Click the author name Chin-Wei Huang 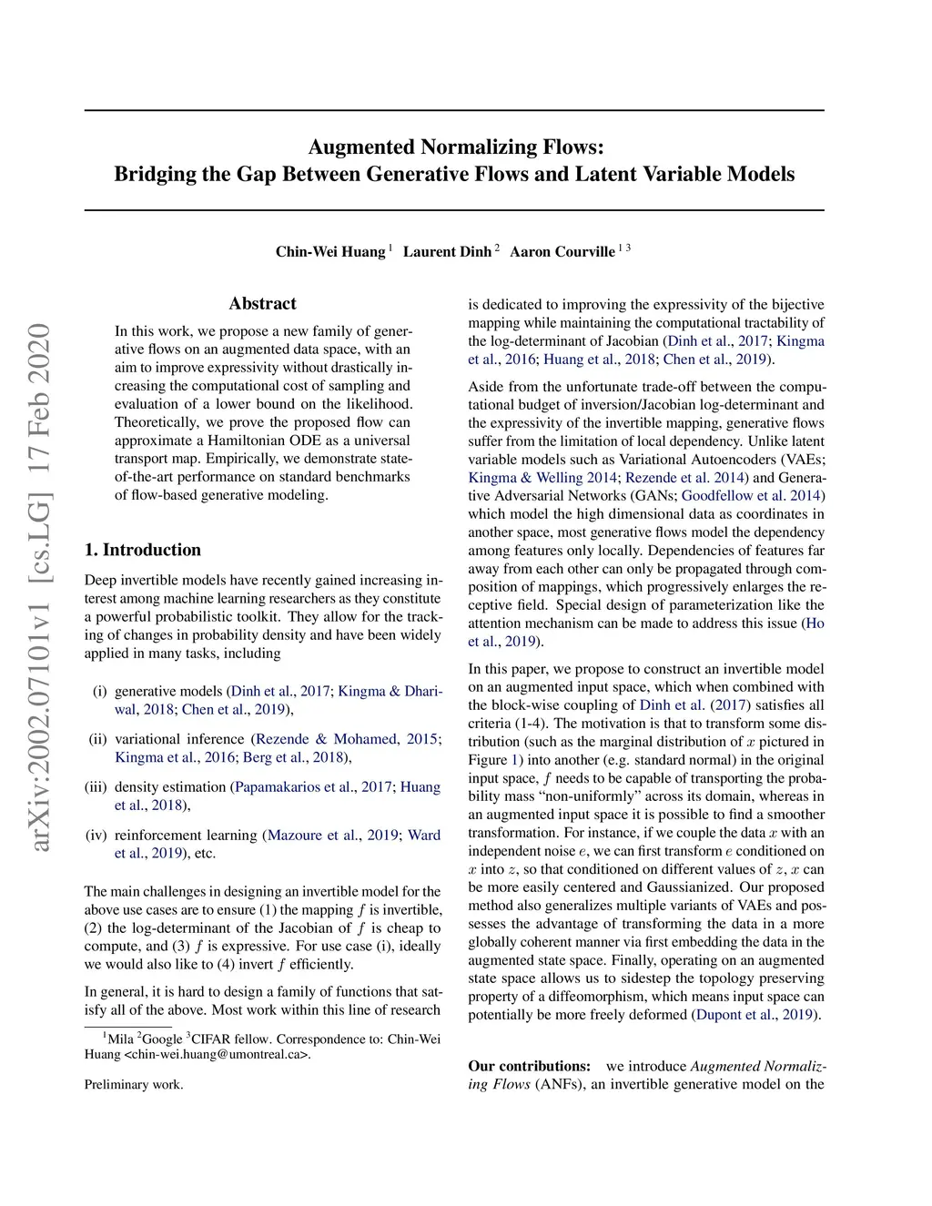tap(330, 251)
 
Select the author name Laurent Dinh tap(447, 251)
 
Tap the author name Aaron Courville tap(562, 251)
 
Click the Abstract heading tap(262, 304)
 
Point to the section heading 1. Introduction tap(142, 550)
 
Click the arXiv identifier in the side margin tap(40, 587)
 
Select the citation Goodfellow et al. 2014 tap(751, 496)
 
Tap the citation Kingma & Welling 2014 tap(543, 478)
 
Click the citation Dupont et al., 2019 tap(755, 1015)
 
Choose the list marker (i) tap(100, 692)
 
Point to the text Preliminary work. tap(134, 1085)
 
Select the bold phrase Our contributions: tap(530, 1067)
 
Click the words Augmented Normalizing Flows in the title tap(455, 147)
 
